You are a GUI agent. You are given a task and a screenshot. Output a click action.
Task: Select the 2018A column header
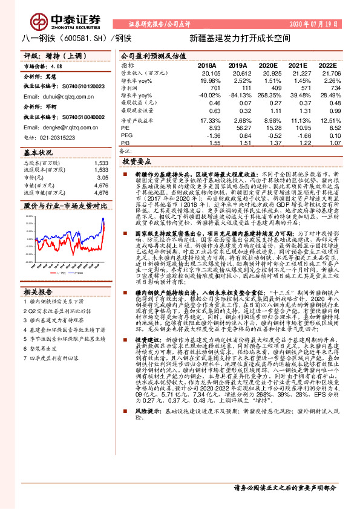click(x=206, y=65)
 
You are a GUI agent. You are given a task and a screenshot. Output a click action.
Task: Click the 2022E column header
click(x=327, y=65)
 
